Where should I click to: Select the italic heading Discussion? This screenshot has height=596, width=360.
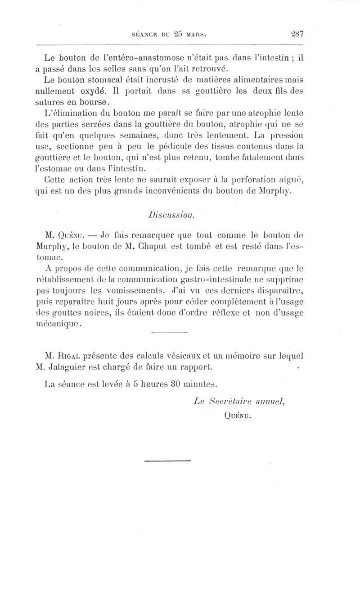click(172, 215)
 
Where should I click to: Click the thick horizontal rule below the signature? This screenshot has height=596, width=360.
click(168, 460)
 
